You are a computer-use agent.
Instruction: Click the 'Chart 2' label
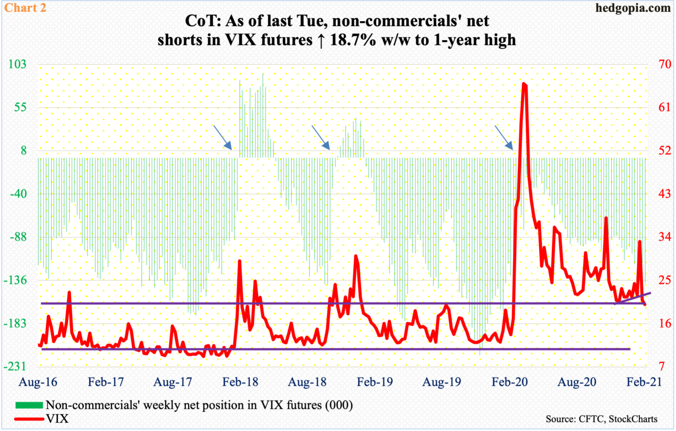tap(24, 7)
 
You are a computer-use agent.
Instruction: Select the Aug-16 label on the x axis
tap(38, 382)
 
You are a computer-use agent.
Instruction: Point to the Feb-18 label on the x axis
tap(240, 382)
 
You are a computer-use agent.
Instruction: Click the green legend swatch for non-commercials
tap(29, 405)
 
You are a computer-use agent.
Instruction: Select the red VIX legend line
tap(29, 418)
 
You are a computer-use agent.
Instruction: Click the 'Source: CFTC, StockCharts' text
tap(601, 419)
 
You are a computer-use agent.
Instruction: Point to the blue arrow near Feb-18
tap(222, 137)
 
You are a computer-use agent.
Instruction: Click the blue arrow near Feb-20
tap(503, 137)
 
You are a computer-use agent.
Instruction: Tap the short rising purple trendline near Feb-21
tap(634, 298)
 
